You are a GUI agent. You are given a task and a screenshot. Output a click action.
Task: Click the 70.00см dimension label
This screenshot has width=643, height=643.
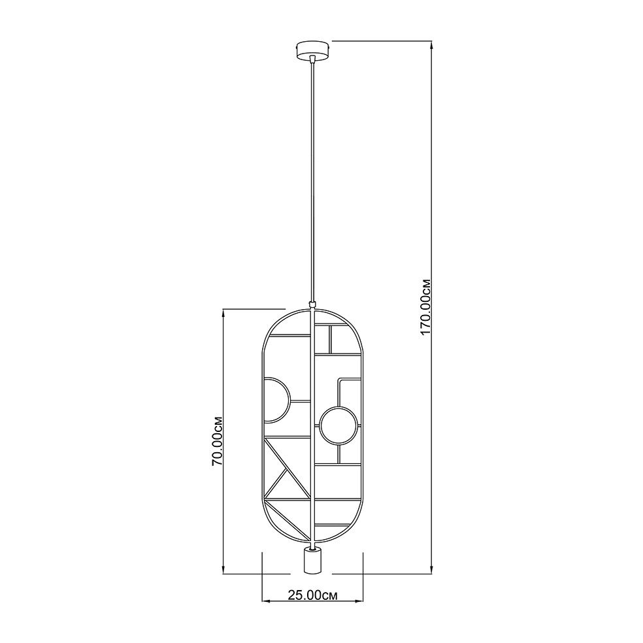tap(217, 441)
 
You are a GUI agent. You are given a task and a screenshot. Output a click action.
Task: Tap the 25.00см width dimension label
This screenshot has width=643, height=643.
tap(312, 595)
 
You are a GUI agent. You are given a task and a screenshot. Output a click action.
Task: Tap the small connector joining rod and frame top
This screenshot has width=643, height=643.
tap(312, 305)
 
